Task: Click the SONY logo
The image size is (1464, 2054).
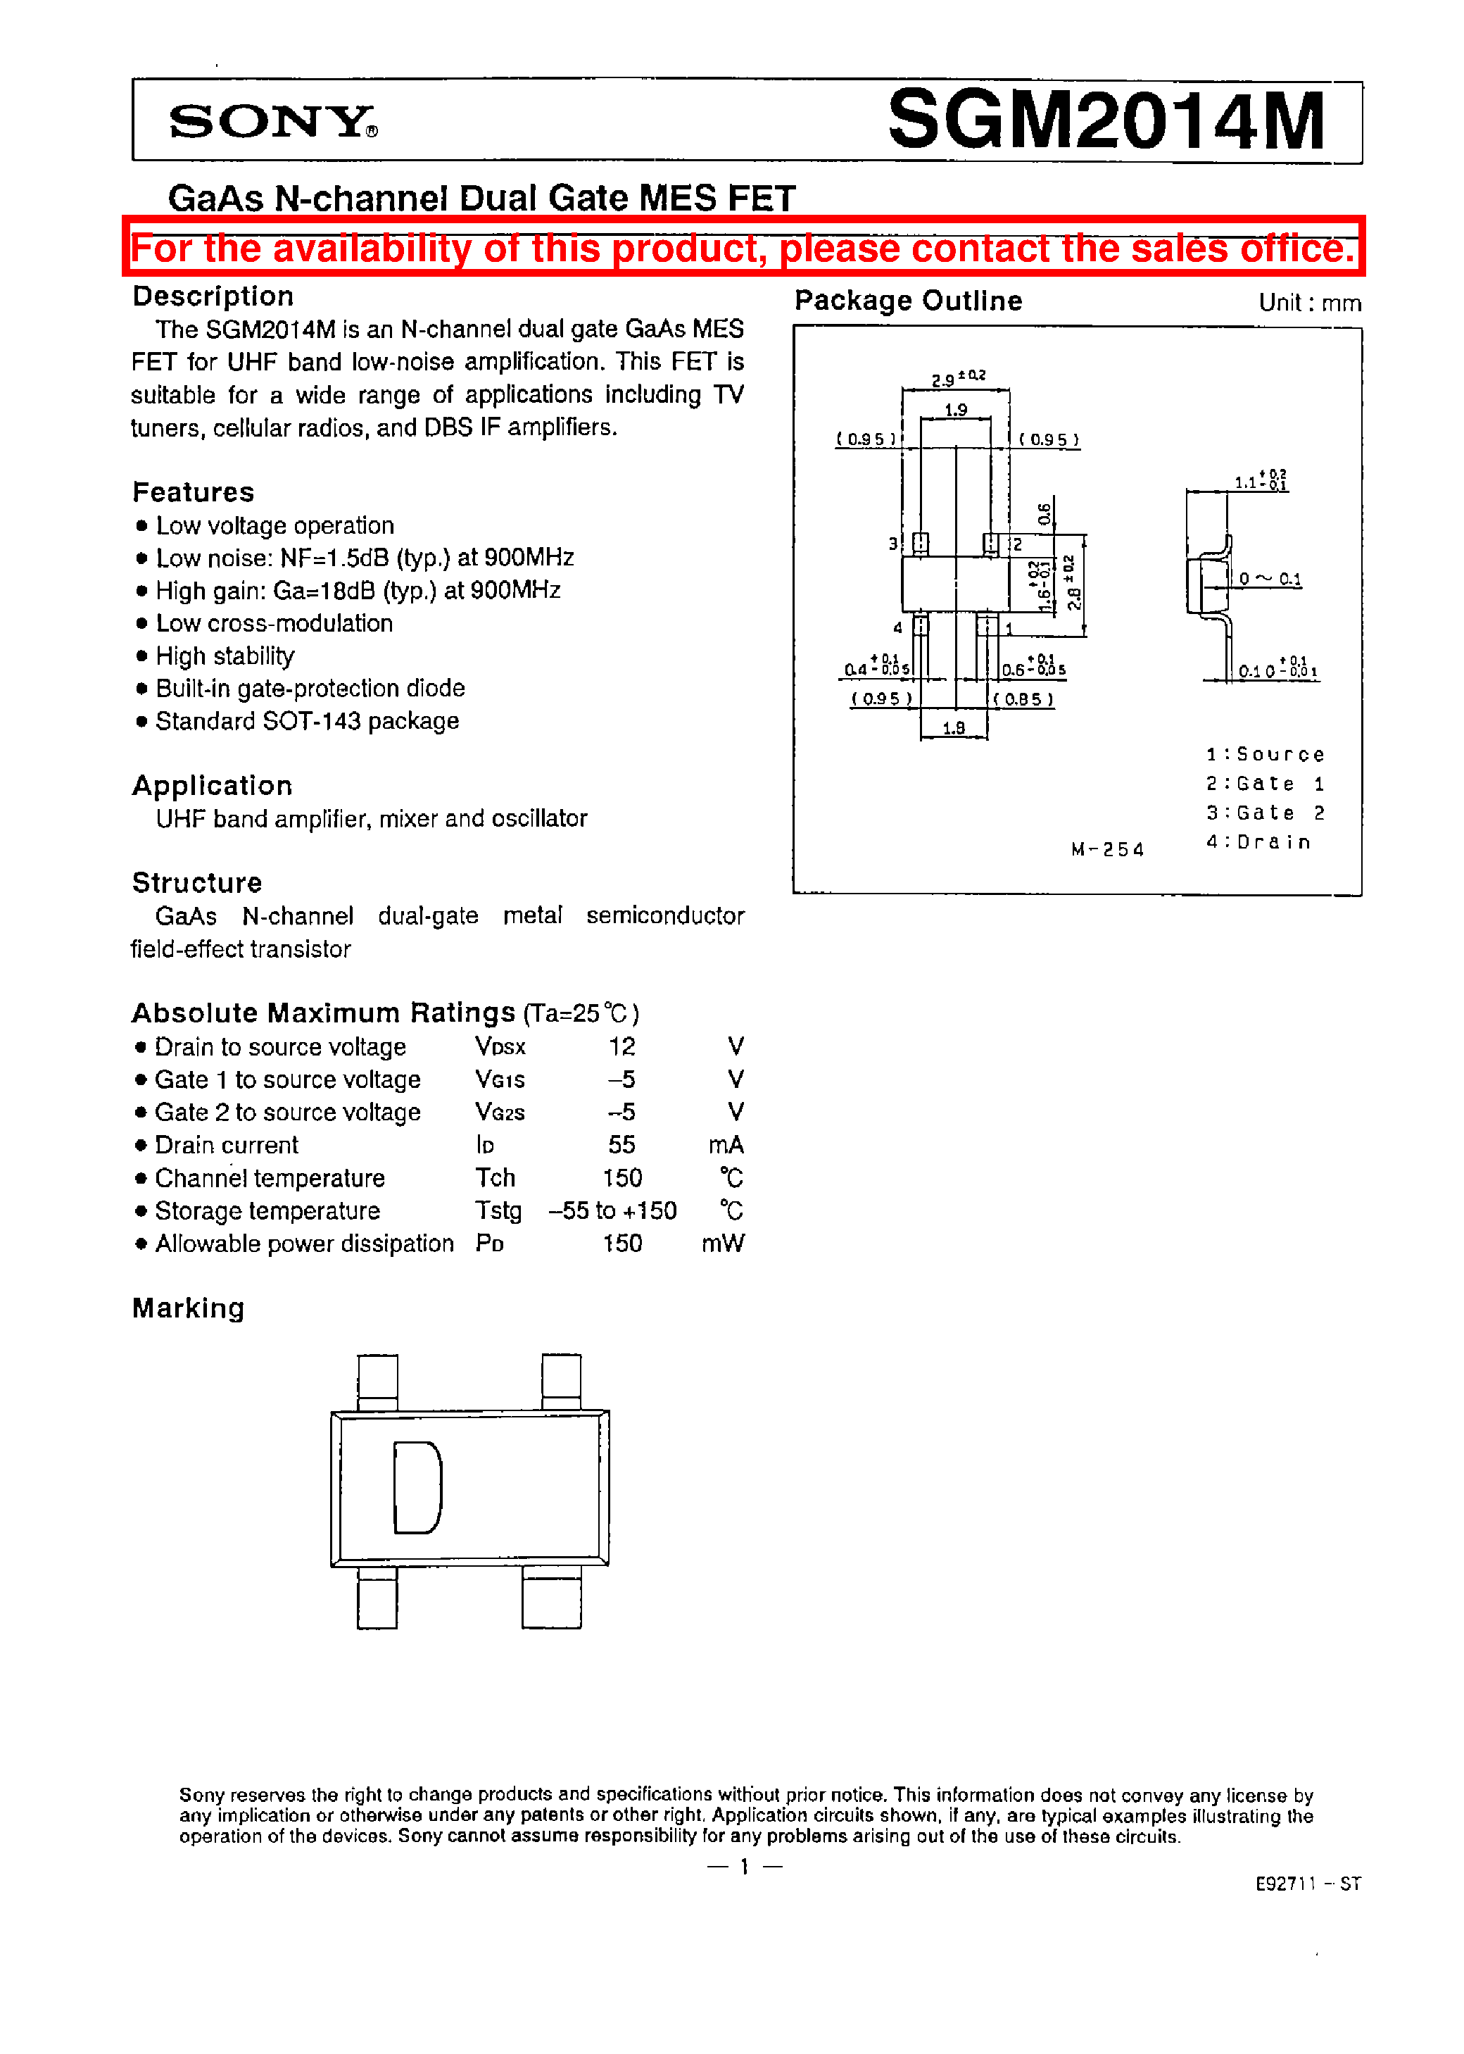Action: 272,122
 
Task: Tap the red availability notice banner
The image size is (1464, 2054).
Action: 743,248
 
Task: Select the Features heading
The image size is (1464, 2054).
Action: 193,492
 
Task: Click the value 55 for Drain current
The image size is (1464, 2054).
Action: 621,1145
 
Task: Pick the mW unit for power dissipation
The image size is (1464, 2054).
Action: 722,1244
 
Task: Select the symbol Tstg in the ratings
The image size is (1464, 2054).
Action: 498,1211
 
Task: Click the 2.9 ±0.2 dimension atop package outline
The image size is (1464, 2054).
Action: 957,379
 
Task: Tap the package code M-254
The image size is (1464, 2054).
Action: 1107,849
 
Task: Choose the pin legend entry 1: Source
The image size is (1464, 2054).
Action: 1265,755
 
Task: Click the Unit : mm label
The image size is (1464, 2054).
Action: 1309,303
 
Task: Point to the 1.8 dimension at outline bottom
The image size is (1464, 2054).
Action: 954,727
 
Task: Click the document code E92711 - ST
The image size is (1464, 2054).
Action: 1307,1884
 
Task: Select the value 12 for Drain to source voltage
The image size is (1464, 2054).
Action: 621,1047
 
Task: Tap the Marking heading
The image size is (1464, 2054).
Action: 189,1308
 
